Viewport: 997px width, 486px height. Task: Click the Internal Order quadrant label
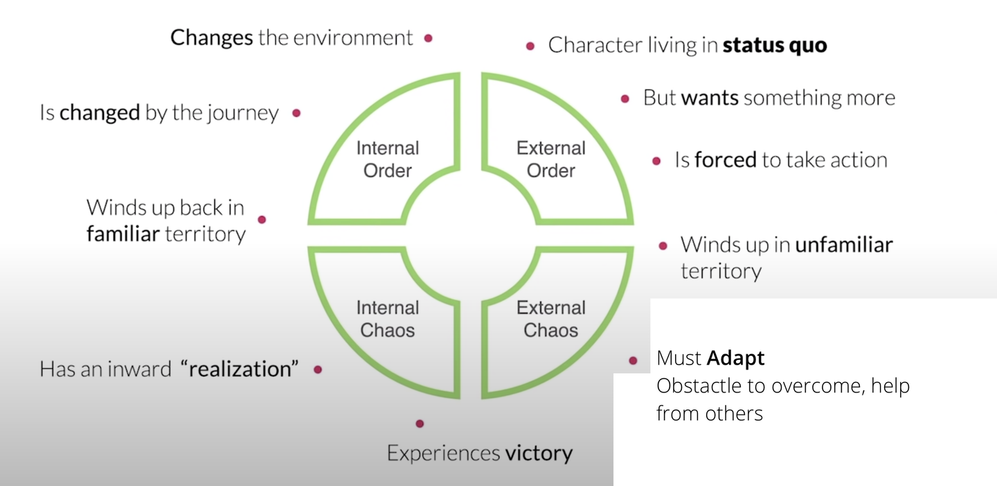point(388,159)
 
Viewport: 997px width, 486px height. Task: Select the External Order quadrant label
point(551,159)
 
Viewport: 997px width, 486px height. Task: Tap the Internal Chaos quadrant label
point(388,319)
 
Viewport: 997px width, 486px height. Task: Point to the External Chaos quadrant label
point(551,319)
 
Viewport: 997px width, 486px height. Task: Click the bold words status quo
point(774,46)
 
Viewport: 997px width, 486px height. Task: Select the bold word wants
point(709,98)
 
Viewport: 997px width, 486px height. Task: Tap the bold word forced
point(725,160)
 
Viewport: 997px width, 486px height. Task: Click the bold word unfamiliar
point(843,245)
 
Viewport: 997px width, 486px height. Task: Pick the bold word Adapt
point(735,358)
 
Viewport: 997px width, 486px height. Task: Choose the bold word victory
point(539,453)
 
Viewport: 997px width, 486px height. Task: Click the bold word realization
point(240,369)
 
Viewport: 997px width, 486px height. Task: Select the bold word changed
point(100,113)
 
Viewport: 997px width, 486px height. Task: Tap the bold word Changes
point(211,37)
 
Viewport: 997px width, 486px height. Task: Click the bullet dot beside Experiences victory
point(420,424)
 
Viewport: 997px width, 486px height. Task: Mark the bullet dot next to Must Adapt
point(633,361)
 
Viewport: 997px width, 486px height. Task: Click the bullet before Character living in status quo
point(530,46)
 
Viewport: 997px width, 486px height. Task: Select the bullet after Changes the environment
point(429,38)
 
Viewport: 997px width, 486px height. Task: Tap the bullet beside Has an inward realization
point(318,370)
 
